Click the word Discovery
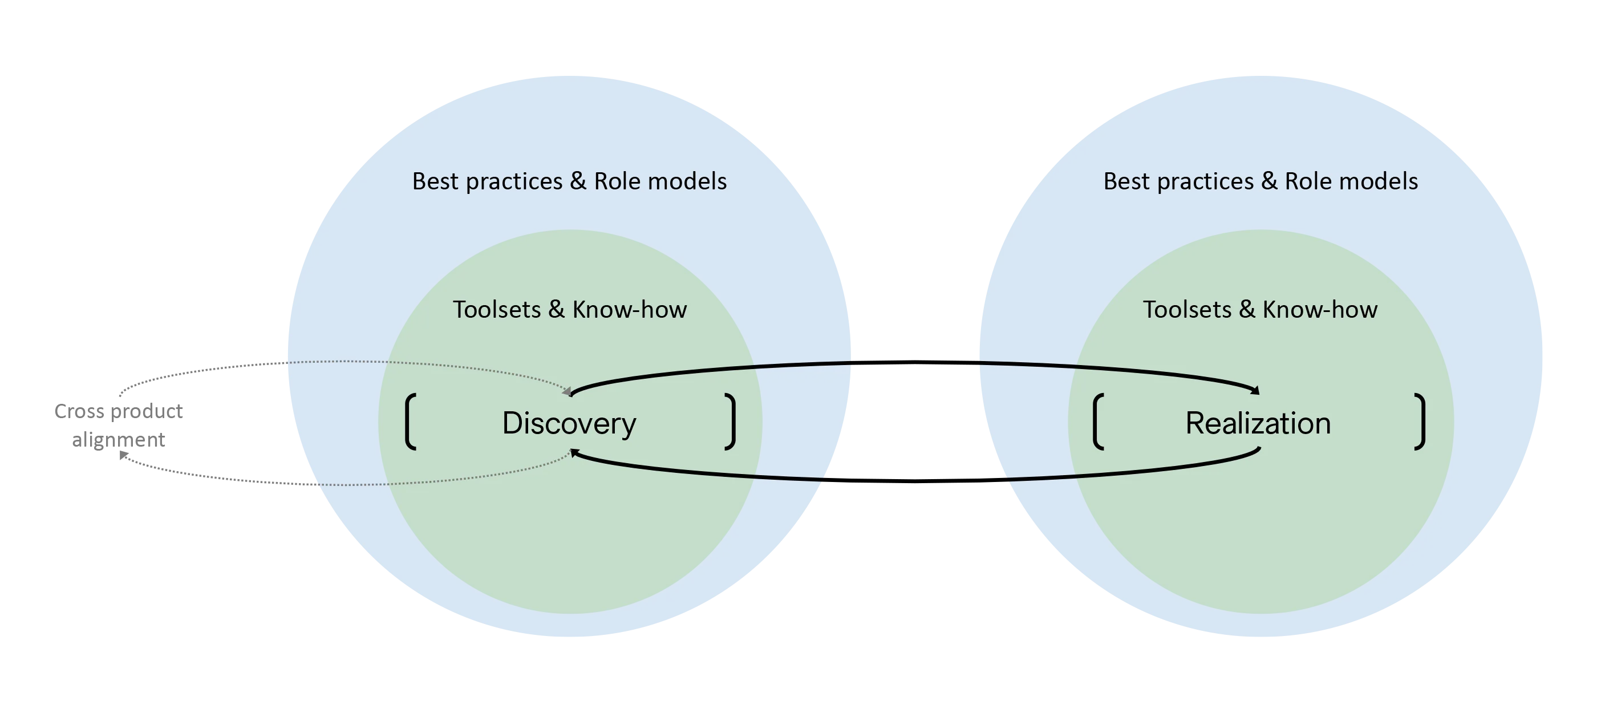pyautogui.click(x=569, y=423)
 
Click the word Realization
pyautogui.click(x=1258, y=423)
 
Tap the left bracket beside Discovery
pyautogui.click(x=410, y=422)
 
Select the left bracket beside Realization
pyautogui.click(x=1098, y=422)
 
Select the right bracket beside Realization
pyautogui.click(x=1420, y=422)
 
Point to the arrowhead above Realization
pyautogui.click(x=1255, y=390)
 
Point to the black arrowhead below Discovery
pyautogui.click(x=575, y=454)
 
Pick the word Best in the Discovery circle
pyautogui.click(x=435, y=181)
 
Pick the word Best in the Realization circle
pyautogui.click(x=1126, y=181)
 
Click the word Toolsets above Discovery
pyautogui.click(x=497, y=309)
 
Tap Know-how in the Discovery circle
pyautogui.click(x=629, y=309)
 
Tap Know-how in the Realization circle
pyautogui.click(x=1320, y=309)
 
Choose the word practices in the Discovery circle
pyautogui.click(x=514, y=181)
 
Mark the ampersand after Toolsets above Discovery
pyautogui.click(x=556, y=309)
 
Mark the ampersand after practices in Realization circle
pyautogui.click(x=1269, y=181)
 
